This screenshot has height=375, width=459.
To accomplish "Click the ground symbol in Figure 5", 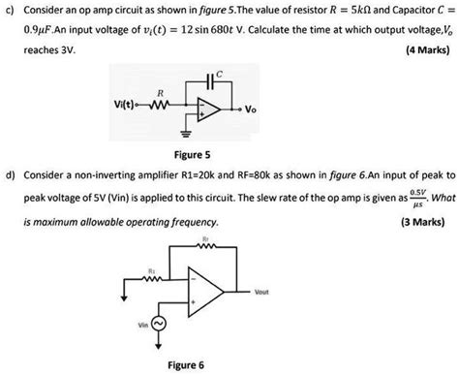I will pos(183,128).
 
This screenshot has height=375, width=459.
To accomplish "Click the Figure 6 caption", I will pos(186,365).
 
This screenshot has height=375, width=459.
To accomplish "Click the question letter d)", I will pos(11,176).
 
